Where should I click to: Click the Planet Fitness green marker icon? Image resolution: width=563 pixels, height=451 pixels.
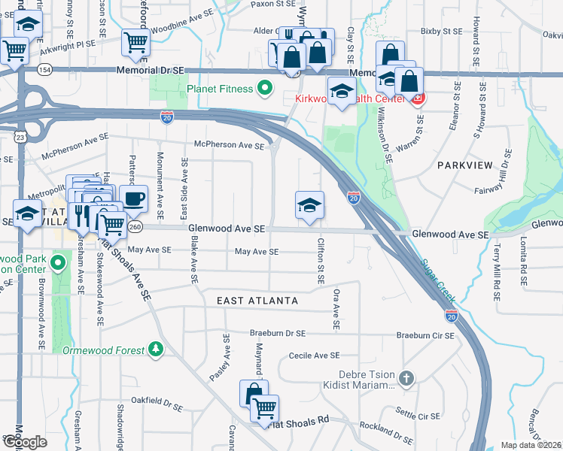pyautogui.click(x=264, y=89)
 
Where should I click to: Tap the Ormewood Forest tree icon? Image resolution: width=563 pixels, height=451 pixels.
pyautogui.click(x=156, y=349)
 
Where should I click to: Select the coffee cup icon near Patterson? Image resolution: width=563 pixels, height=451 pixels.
pyautogui.click(x=133, y=199)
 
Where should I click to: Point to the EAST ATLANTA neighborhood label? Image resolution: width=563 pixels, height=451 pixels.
pyautogui.click(x=257, y=301)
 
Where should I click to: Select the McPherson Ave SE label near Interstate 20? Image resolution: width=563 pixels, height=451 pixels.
pyautogui.click(x=229, y=145)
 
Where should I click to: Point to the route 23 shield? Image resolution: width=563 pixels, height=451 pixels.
pyautogui.click(x=20, y=136)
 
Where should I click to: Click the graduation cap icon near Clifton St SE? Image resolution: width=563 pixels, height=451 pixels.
pyautogui.click(x=309, y=204)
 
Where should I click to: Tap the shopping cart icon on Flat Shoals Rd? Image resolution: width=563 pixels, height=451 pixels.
pyautogui.click(x=264, y=408)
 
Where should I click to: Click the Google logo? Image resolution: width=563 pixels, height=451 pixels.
pyautogui.click(x=25, y=442)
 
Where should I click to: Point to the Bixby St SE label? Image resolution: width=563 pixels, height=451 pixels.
pyautogui.click(x=441, y=32)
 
